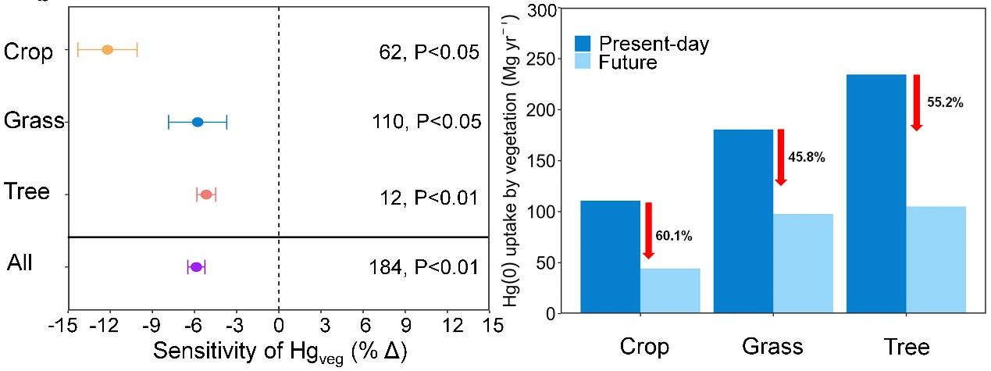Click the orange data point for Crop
pyautogui.click(x=108, y=50)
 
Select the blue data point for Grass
pyautogui.click(x=198, y=122)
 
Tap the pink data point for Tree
pyautogui.click(x=206, y=194)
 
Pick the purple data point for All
pyautogui.click(x=196, y=267)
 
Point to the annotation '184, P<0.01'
pyautogui.click(x=422, y=268)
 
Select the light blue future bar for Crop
pyautogui.click(x=670, y=291)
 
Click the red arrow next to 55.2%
pyautogui.click(x=917, y=102)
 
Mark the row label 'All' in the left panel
pyautogui.click(x=20, y=263)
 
